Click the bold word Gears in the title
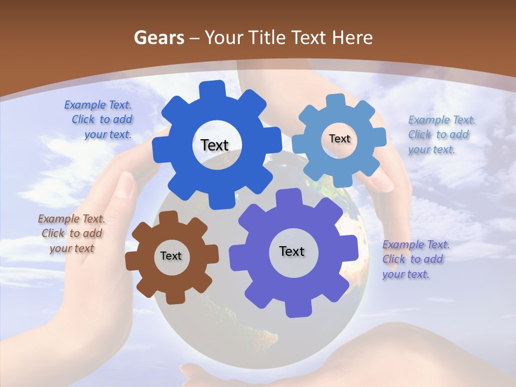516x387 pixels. pyautogui.click(x=159, y=38)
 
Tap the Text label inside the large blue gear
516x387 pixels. pyautogui.click(x=214, y=145)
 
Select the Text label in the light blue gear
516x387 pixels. pyautogui.click(x=339, y=139)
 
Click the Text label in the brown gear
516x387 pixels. pyautogui.click(x=171, y=256)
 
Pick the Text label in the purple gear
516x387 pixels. pyautogui.click(x=292, y=251)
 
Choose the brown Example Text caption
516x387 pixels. pyautogui.click(x=71, y=233)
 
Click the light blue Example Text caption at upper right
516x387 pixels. pyautogui.click(x=441, y=135)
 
